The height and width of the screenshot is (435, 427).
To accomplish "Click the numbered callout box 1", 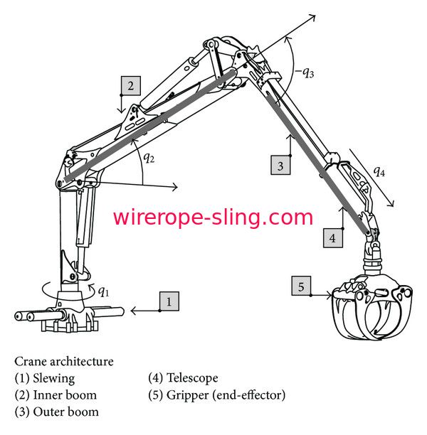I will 169,301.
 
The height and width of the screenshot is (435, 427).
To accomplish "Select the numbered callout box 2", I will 130,85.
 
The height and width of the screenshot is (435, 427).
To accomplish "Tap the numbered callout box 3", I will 282,166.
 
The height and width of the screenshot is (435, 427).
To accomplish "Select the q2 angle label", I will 149,158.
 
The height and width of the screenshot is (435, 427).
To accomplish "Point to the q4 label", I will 381,172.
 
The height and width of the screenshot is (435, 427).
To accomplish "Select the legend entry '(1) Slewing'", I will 44,378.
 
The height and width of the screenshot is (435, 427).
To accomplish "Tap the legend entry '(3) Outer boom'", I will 56,412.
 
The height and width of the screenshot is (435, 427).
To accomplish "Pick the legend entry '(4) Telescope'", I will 183,378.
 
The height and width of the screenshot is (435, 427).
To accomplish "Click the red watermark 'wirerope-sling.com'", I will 213,217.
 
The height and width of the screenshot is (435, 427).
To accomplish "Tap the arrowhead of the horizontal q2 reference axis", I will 174,188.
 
